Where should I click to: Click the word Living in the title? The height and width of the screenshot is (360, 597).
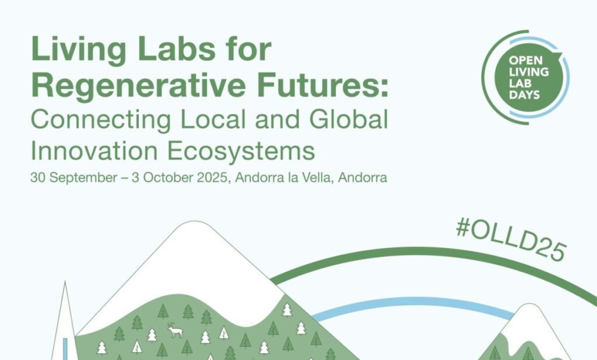click(x=79, y=50)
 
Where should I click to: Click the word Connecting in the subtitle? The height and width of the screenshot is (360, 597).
click(x=100, y=120)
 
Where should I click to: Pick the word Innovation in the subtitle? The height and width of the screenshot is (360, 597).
click(x=94, y=151)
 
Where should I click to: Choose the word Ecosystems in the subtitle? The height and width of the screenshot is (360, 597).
click(x=241, y=152)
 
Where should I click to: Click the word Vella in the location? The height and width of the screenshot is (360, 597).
click(x=317, y=177)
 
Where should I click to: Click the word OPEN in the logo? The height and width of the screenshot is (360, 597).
click(x=525, y=60)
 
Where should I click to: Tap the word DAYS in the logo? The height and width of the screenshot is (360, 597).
click(x=524, y=95)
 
